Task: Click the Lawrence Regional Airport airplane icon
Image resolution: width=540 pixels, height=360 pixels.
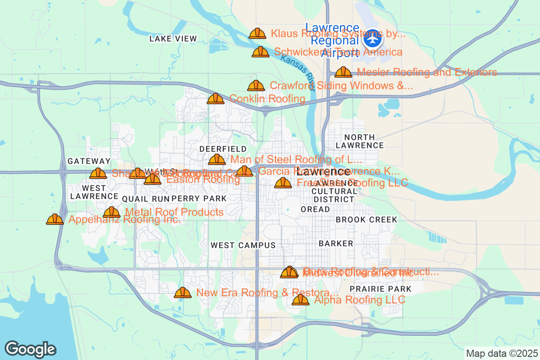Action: (x=372, y=38)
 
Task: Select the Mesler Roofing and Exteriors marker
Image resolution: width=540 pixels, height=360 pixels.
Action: (x=343, y=72)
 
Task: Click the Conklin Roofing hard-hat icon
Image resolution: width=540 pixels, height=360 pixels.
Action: (x=216, y=99)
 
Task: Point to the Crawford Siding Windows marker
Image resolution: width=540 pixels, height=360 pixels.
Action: (x=256, y=85)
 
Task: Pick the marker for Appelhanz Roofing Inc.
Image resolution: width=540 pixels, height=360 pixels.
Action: (x=55, y=219)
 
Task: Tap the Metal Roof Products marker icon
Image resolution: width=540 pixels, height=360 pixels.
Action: (x=112, y=212)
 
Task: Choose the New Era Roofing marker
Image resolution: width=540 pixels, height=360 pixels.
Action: (x=183, y=292)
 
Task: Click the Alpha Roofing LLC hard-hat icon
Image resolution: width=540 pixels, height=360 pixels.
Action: (x=301, y=300)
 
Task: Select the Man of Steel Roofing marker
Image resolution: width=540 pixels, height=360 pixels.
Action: (x=217, y=159)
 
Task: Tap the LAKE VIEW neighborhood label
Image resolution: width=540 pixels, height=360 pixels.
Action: (x=173, y=39)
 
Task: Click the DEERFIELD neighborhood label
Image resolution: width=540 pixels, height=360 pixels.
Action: (x=223, y=149)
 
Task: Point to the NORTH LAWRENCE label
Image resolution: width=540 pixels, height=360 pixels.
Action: (x=360, y=141)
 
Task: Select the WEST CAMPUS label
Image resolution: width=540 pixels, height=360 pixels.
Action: (x=243, y=245)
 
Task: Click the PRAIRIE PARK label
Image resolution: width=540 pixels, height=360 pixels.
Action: (x=374, y=289)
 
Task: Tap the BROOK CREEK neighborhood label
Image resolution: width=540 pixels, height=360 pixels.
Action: (x=367, y=220)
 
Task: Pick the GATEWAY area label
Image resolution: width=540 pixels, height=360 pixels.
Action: (x=89, y=161)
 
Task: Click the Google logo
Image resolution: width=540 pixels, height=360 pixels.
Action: (x=31, y=349)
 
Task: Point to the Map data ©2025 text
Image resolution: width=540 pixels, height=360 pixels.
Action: (x=501, y=354)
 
